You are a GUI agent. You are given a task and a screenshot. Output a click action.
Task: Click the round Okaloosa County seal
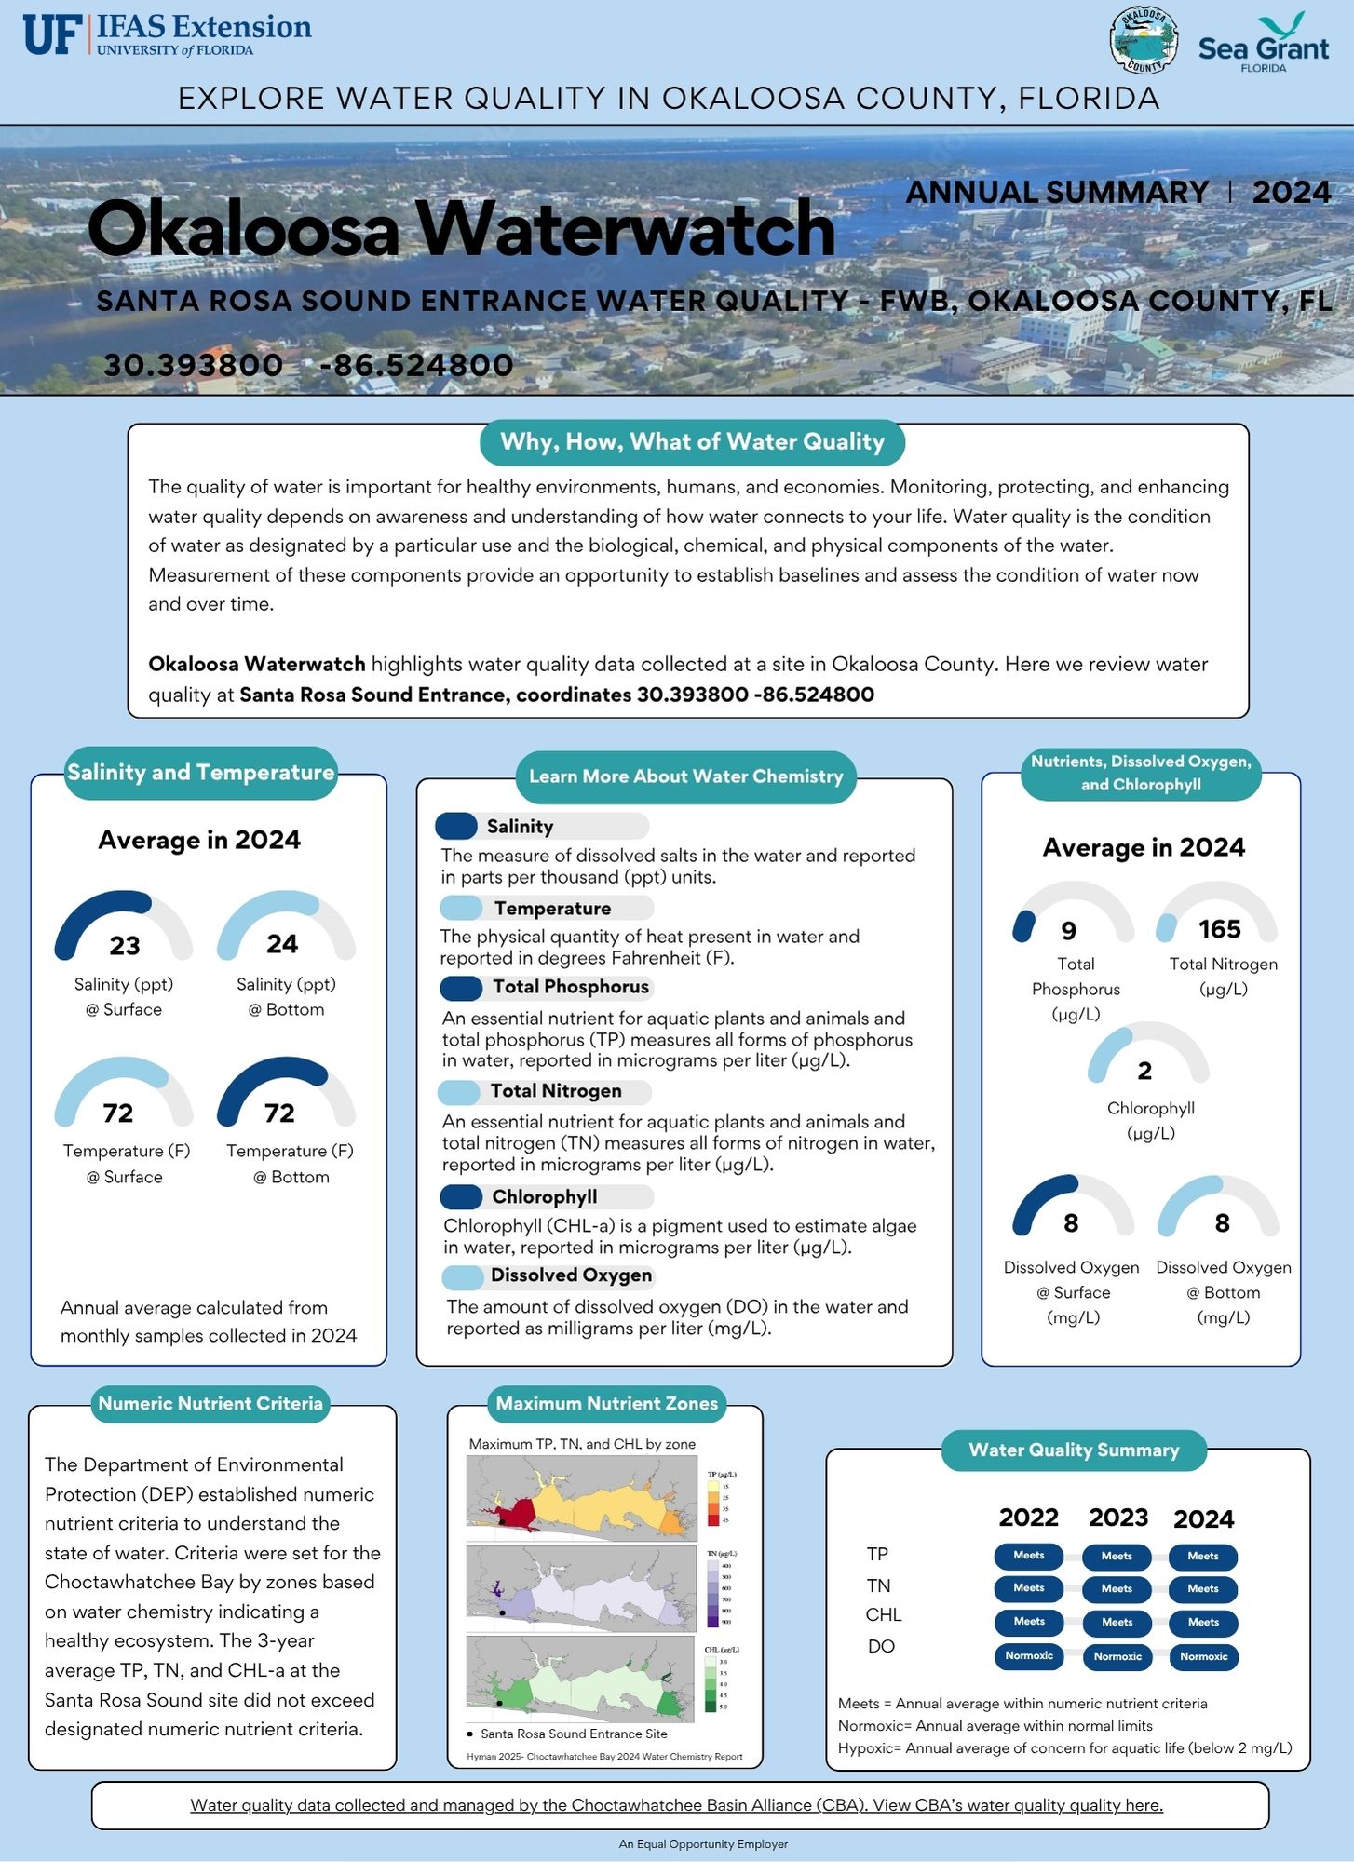point(1144,41)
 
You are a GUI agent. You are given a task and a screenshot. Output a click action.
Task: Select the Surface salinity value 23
point(125,945)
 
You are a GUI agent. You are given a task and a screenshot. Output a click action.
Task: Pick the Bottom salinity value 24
point(282,944)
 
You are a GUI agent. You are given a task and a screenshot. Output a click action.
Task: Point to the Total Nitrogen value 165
point(1219,929)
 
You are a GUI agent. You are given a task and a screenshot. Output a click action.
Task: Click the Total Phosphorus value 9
point(1069,931)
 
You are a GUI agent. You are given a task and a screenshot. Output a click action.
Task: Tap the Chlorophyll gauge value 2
point(1144,1071)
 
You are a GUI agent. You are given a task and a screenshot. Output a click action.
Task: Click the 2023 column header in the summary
point(1118,1518)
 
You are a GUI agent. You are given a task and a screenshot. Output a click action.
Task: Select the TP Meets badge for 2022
point(1029,1556)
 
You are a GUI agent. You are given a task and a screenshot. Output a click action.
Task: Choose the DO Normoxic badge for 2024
point(1203,1657)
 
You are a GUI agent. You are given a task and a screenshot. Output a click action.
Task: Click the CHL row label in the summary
point(883,1614)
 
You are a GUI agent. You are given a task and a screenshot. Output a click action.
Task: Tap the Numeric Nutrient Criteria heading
point(210,1403)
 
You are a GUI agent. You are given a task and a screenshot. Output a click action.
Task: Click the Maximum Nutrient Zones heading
point(606,1403)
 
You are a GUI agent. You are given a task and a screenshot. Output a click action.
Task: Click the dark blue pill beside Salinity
point(456,826)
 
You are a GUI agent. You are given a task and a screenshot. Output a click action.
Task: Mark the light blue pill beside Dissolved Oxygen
point(463,1276)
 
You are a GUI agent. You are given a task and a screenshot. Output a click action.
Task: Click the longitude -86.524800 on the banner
point(416,365)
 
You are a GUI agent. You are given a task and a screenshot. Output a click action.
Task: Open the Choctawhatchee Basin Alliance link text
point(676,1805)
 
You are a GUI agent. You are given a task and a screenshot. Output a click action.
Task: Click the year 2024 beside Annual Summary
point(1291,192)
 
